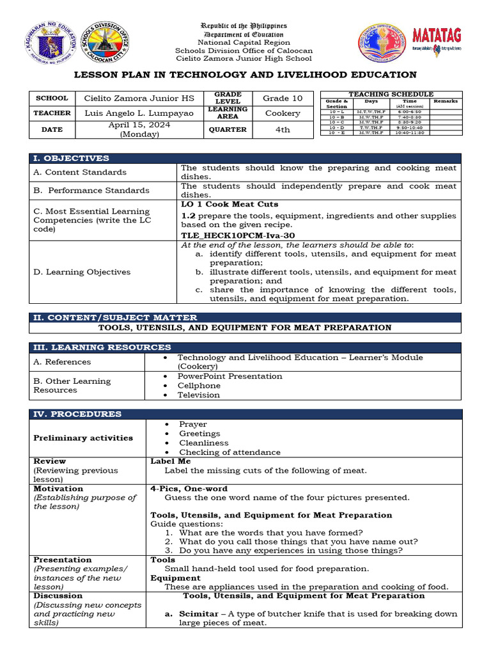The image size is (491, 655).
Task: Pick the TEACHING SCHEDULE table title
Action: [x=391, y=94]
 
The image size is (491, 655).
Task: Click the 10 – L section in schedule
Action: [x=337, y=112]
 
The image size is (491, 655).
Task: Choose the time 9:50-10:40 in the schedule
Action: [x=409, y=127]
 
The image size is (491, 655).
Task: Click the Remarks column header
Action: [x=446, y=101]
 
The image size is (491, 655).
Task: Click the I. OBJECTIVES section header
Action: [x=72, y=158]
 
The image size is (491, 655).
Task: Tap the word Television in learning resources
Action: [x=199, y=395]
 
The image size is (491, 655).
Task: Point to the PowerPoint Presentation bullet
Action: [x=230, y=376]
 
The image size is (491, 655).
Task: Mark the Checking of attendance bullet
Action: [x=230, y=452]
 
